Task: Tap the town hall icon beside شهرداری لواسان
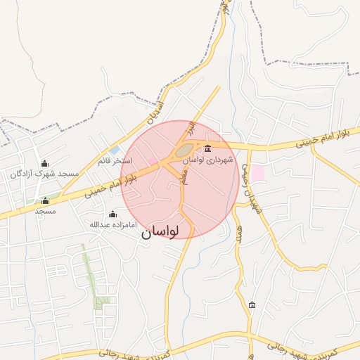point(207,148)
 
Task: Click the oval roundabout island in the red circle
point(184,150)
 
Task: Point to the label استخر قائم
point(115,161)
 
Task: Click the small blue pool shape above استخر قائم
point(115,150)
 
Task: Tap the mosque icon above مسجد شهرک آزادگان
point(46,163)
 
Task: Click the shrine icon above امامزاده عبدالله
point(112,214)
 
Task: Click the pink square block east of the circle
point(258,172)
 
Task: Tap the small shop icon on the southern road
point(252,304)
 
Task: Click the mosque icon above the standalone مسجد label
point(46,200)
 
